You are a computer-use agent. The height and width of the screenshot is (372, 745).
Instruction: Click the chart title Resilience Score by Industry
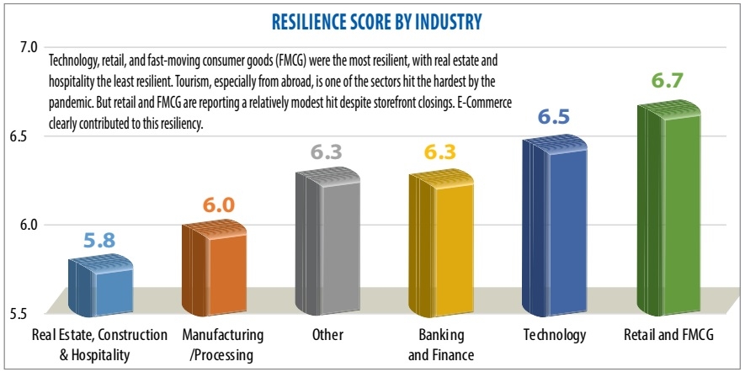[x=372, y=21]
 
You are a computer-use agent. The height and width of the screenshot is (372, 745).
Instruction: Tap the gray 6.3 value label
[x=327, y=154]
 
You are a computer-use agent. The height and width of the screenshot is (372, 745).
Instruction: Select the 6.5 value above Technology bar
[x=554, y=117]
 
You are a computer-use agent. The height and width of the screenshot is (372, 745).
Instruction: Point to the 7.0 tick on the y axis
[x=29, y=47]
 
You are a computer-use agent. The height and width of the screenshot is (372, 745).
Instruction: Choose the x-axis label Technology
[x=554, y=335]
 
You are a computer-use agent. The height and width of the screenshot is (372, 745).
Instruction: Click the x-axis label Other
[x=327, y=335]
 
